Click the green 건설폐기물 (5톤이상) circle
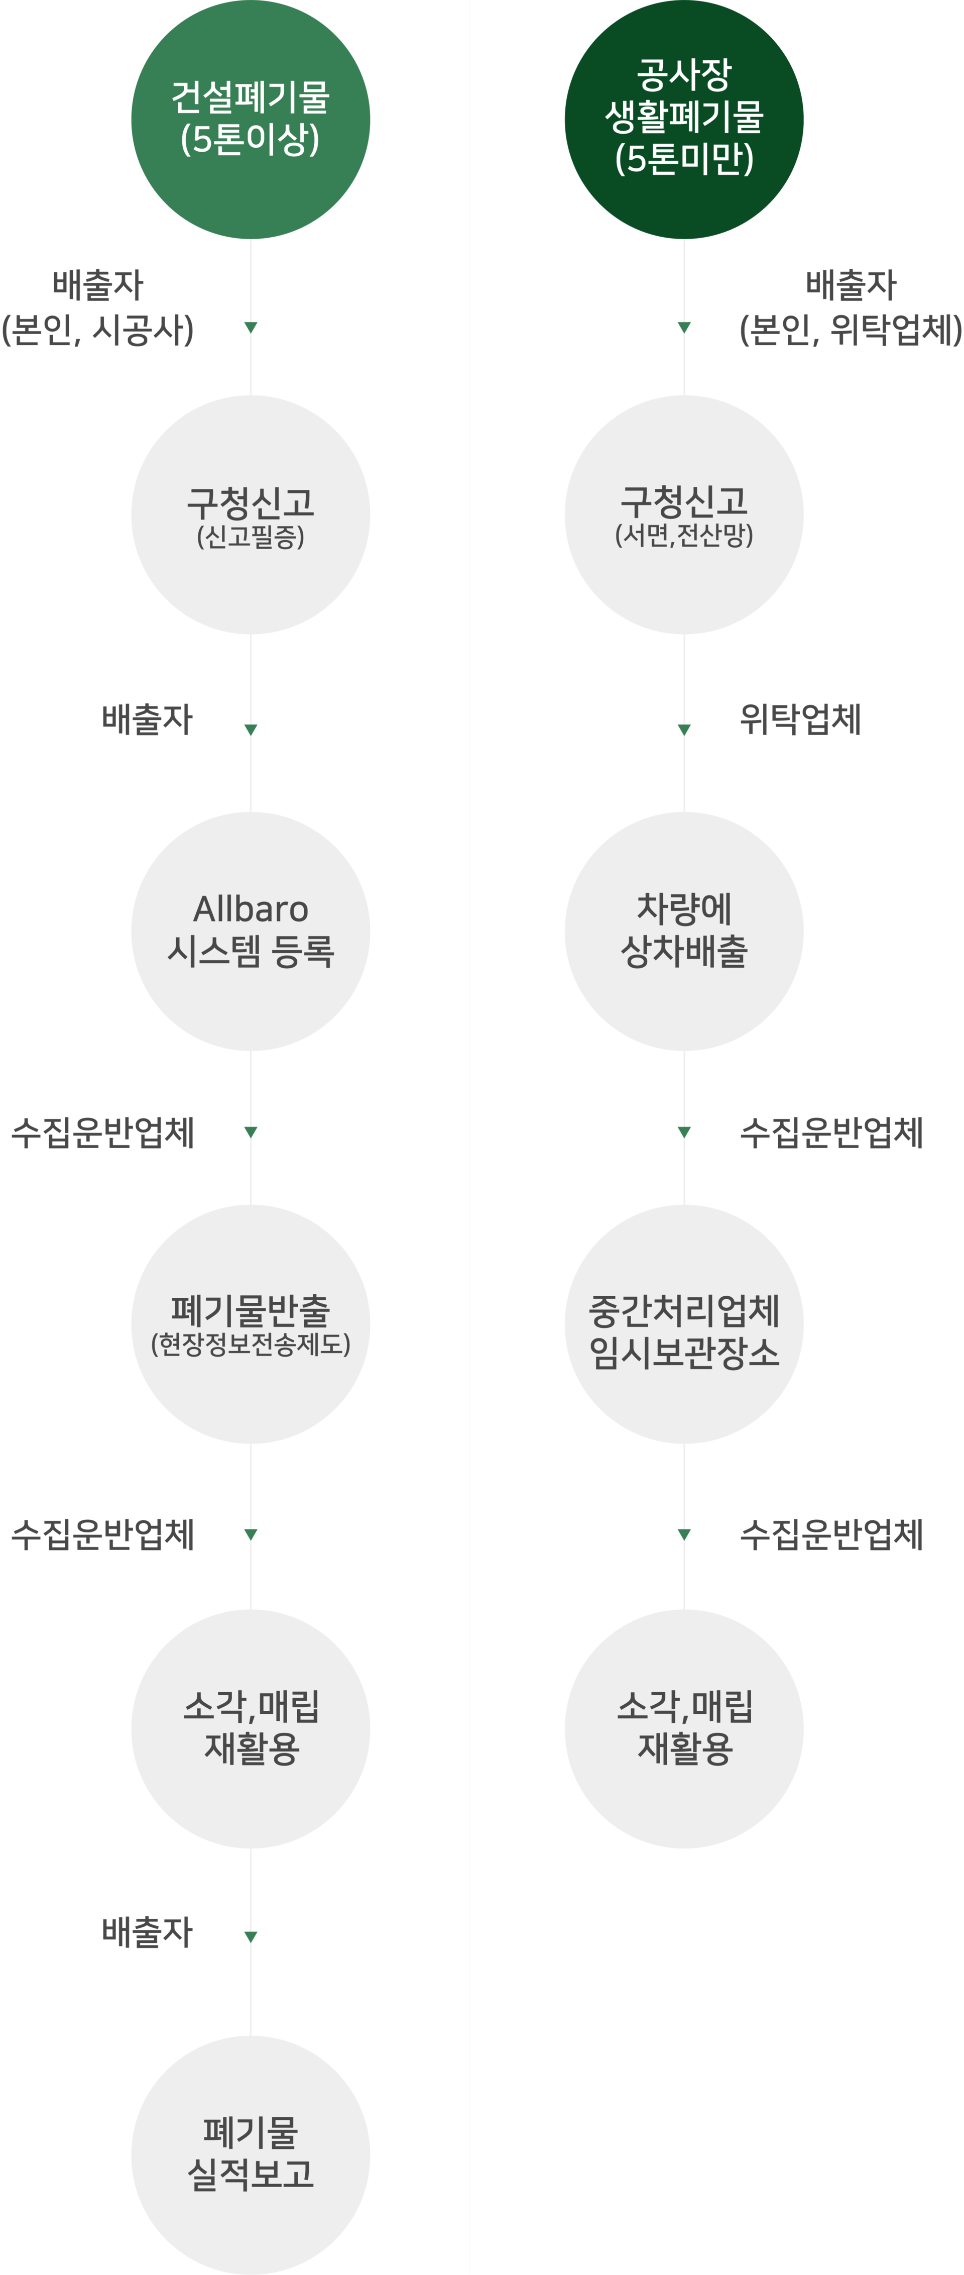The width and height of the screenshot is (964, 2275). point(251,119)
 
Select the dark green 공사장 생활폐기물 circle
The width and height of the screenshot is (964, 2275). point(684,119)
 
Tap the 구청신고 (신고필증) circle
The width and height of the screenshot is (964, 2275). point(251,515)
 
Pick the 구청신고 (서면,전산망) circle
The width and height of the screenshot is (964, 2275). point(684,515)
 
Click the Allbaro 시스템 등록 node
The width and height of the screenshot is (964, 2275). point(251,931)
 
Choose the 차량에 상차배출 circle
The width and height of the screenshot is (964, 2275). point(684,931)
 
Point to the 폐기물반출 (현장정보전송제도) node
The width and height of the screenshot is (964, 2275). point(251,1324)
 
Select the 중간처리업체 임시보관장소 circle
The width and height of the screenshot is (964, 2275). point(684,1324)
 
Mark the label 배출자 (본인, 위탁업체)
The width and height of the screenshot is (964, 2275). point(850,307)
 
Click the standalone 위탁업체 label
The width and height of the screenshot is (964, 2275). point(800,719)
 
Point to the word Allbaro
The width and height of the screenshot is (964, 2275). point(251,909)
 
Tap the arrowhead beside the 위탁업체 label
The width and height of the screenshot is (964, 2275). point(684,729)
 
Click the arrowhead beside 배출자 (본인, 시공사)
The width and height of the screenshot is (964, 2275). point(251,327)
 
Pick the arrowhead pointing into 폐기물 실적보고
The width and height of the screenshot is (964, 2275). point(251,1937)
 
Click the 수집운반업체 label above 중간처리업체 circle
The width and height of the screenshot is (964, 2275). point(831,1132)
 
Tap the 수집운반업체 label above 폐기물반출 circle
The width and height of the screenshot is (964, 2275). point(102,1132)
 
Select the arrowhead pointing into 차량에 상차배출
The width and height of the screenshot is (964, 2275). point(684,729)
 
